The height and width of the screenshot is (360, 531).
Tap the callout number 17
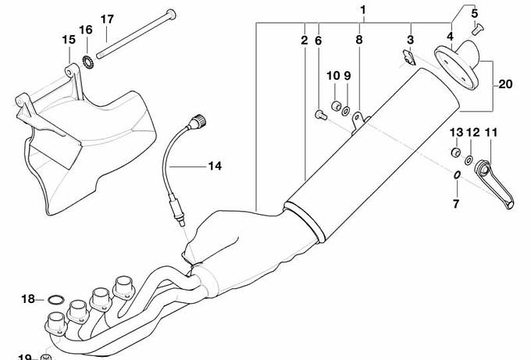click(x=107, y=18)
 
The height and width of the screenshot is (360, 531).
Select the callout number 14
click(x=214, y=166)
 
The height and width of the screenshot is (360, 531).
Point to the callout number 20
click(x=504, y=84)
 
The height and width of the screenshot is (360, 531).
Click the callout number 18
click(x=28, y=299)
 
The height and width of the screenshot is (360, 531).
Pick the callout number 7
click(x=457, y=205)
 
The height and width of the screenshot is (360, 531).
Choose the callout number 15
click(x=68, y=39)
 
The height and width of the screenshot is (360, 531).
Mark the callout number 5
click(x=473, y=14)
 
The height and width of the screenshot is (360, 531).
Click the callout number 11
click(x=491, y=133)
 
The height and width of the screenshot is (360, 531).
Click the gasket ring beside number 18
click(x=55, y=299)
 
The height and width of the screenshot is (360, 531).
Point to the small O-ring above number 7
click(x=456, y=176)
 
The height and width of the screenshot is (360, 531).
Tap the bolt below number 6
click(x=319, y=115)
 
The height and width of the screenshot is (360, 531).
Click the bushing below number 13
click(x=454, y=151)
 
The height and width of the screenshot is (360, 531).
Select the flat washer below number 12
click(x=469, y=161)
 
